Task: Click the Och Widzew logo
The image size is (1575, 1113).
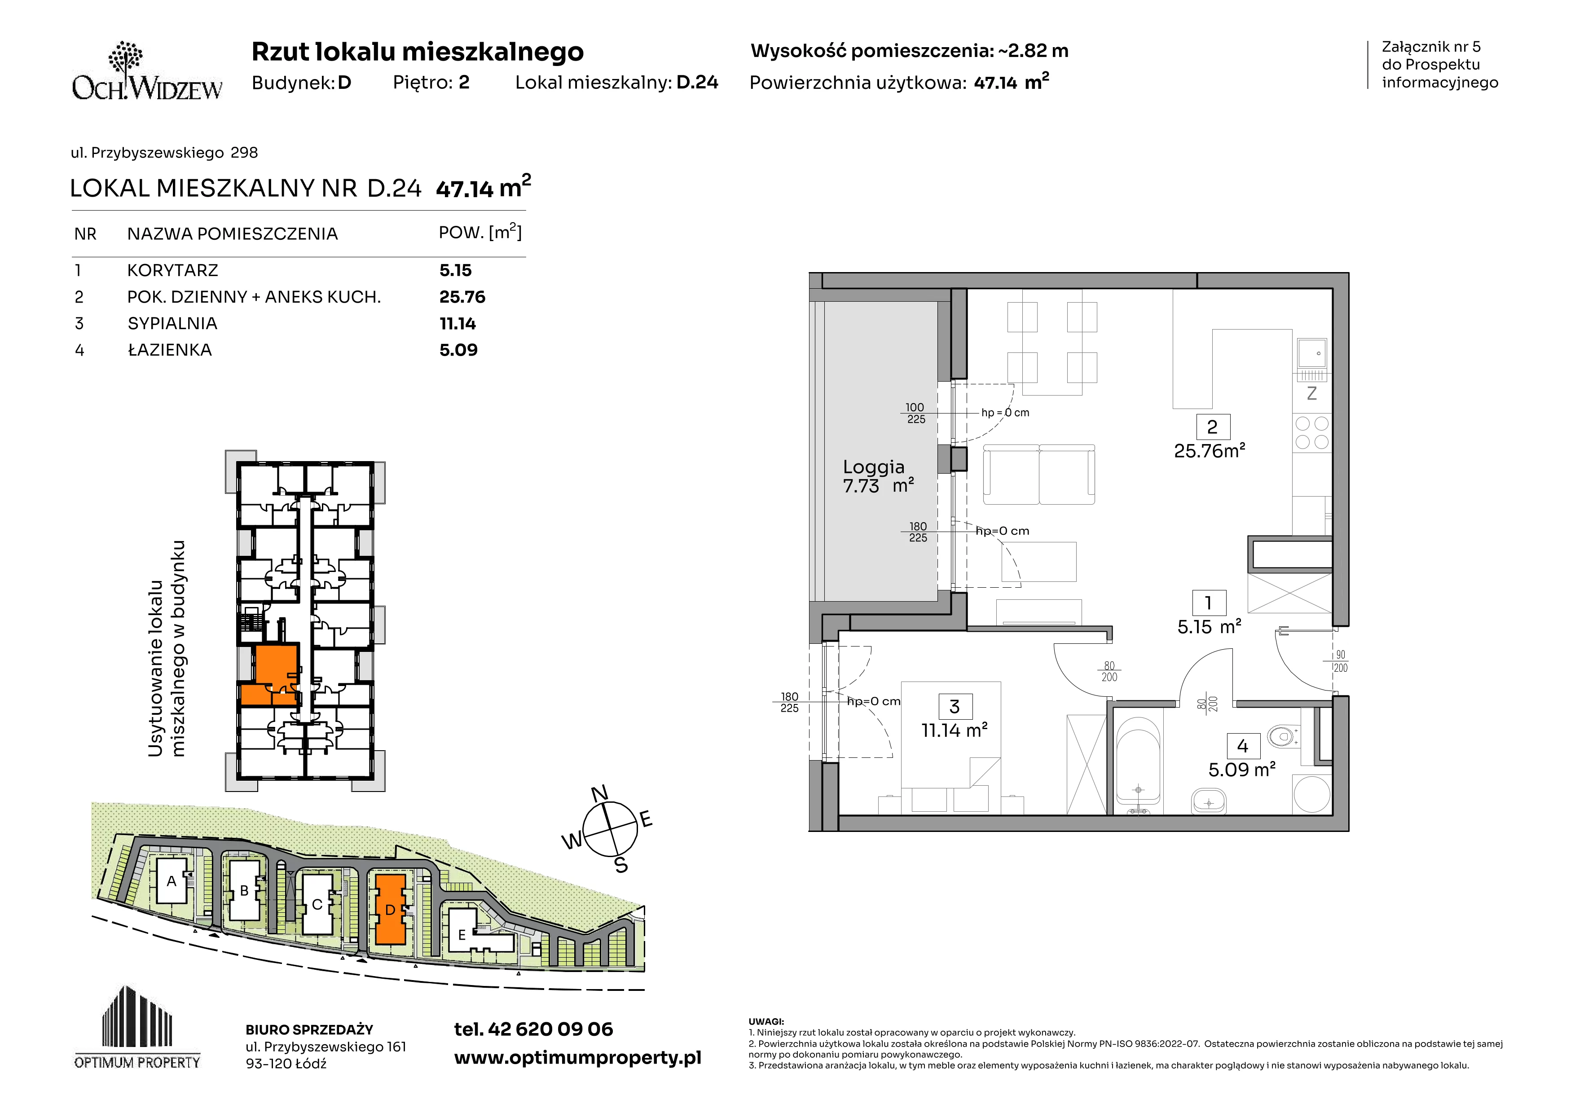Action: (147, 71)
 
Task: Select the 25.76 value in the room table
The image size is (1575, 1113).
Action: (462, 297)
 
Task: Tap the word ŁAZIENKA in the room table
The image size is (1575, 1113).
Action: (169, 350)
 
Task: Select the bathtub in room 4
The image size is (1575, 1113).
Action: (1138, 759)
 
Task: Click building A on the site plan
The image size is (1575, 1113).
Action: (172, 881)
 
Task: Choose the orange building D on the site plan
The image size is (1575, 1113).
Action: (390, 909)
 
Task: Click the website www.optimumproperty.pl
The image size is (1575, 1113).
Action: (577, 1058)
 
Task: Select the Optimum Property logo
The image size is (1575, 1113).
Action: (137, 1027)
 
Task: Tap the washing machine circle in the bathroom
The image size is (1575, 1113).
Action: (1311, 793)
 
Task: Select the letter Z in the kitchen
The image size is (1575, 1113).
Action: (1311, 394)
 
